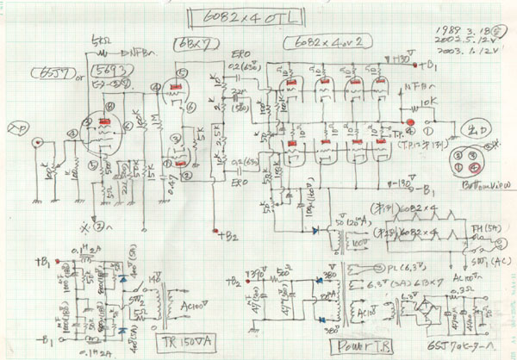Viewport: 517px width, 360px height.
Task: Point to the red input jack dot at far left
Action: [34, 142]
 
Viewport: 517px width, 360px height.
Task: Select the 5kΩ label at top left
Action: [98, 39]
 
